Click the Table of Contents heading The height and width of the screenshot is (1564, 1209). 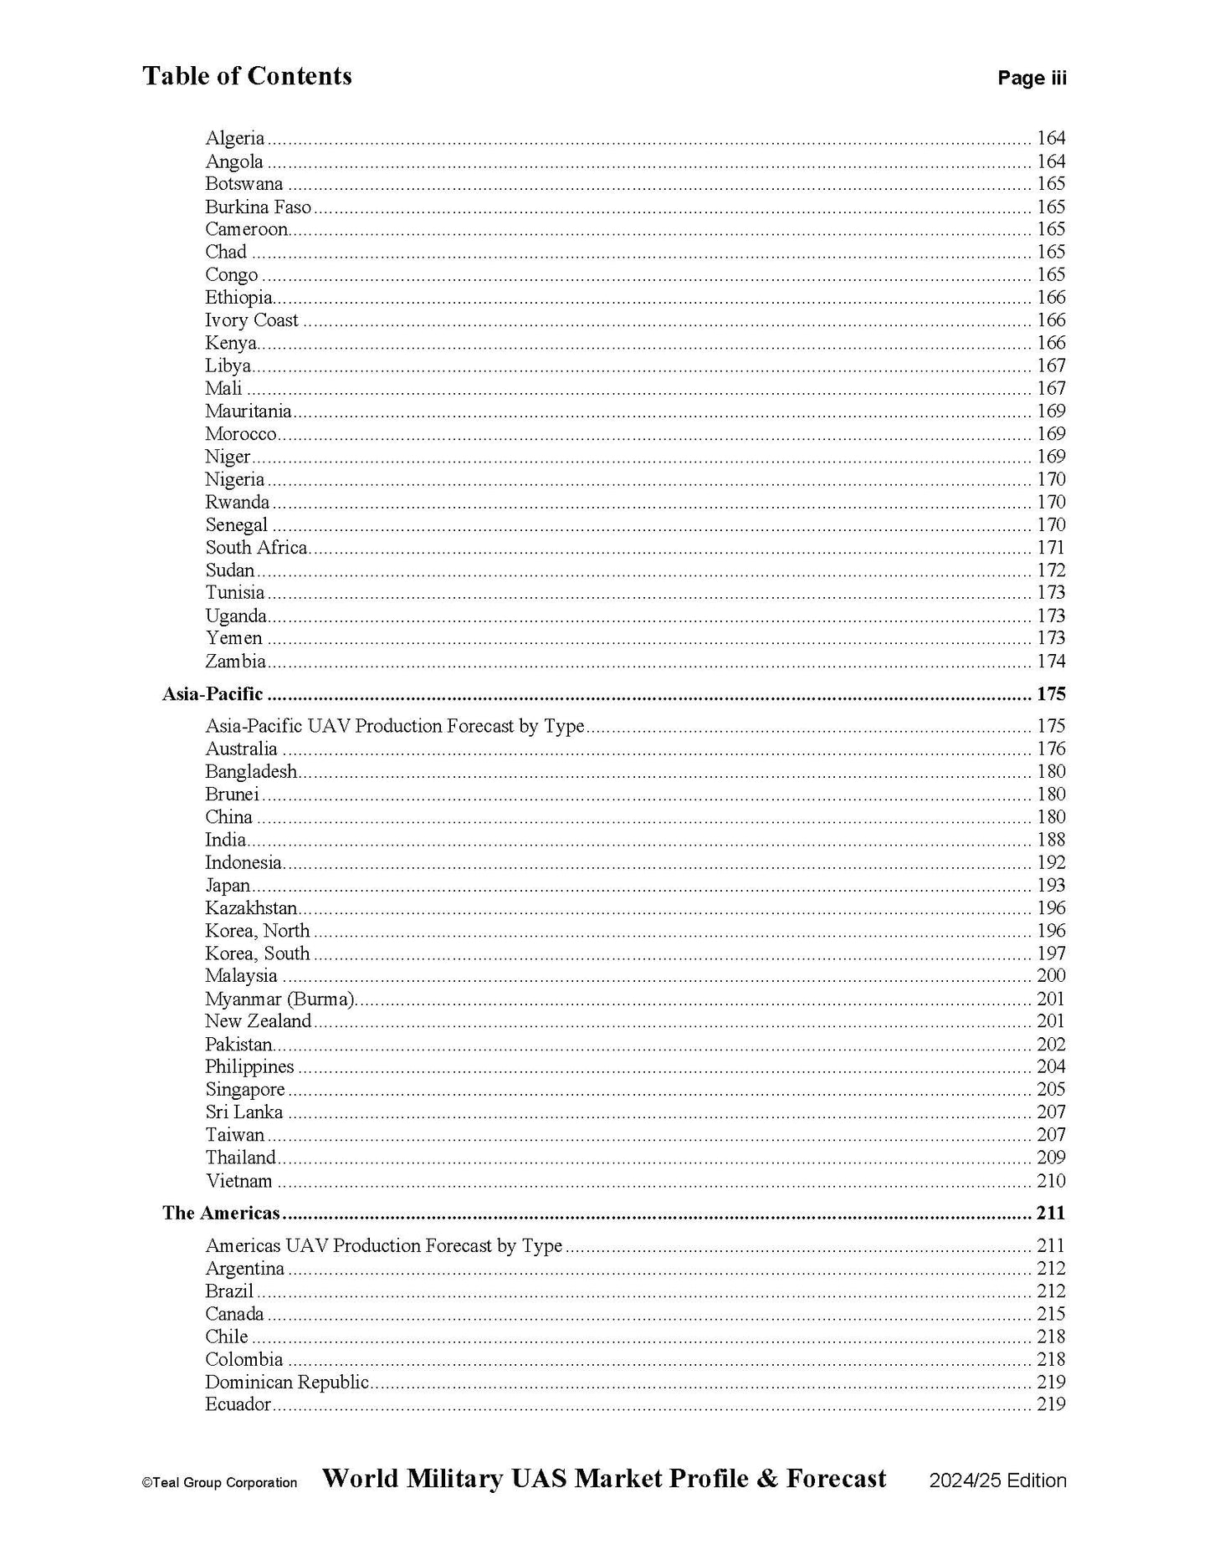[247, 76]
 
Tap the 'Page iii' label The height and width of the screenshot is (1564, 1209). [1032, 79]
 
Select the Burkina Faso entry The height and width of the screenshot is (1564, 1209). [258, 207]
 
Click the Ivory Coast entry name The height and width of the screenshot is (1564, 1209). [252, 320]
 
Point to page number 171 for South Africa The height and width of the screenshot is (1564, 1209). [1051, 548]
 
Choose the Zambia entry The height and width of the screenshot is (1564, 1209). [235, 662]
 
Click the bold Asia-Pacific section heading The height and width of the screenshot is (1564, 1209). [213, 694]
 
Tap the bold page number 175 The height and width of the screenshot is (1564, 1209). [1051, 694]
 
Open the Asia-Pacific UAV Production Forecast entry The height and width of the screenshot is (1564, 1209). [395, 726]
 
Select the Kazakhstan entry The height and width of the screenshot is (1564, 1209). [251, 908]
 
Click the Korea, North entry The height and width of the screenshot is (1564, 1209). [258, 931]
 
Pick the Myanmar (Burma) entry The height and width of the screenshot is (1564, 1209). [280, 999]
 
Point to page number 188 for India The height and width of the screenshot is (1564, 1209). [1051, 840]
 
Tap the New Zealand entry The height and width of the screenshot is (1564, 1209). [258, 1021]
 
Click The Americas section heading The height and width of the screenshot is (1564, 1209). [221, 1214]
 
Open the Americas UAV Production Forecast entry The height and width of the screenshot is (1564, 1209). [383, 1246]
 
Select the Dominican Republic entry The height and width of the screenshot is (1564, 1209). [287, 1383]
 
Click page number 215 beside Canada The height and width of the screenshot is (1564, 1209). [1051, 1314]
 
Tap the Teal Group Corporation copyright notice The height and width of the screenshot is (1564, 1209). [219, 1483]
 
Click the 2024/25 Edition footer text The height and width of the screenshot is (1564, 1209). [997, 1480]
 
